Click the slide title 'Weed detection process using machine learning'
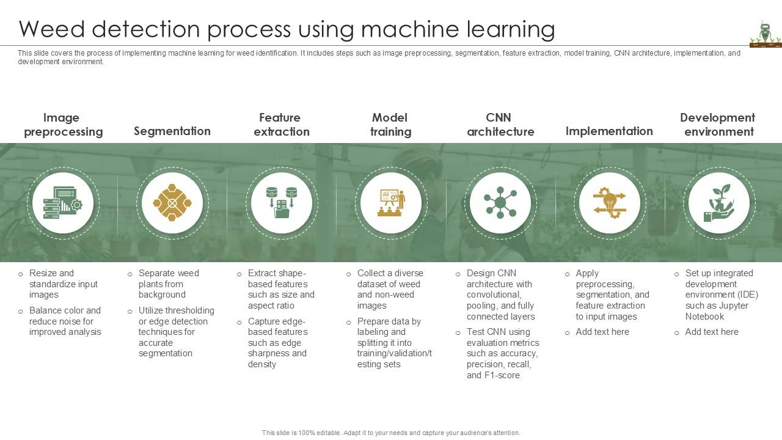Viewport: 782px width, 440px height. tap(287, 29)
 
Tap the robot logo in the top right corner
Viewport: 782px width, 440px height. tap(765, 34)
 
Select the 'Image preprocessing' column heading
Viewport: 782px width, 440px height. tap(63, 125)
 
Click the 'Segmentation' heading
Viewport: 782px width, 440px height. tap(172, 131)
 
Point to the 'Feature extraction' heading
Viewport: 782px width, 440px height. tap(281, 125)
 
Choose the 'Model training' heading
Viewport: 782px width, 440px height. tap(390, 125)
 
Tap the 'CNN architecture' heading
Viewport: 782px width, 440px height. tap(500, 125)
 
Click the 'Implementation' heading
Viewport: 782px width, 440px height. tap(609, 131)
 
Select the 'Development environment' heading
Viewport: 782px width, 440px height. tap(718, 125)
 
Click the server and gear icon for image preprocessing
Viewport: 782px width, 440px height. tap(63, 202)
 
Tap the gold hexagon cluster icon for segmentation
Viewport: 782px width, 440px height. tap(172, 202)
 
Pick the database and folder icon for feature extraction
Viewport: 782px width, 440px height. tap(282, 202)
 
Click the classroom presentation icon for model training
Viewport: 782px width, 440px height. tap(391, 202)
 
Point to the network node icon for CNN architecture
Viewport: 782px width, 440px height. tap(500, 202)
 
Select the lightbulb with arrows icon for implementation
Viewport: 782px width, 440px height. tap(610, 202)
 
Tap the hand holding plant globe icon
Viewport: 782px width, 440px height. tap(718, 202)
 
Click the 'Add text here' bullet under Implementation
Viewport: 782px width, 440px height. tap(602, 332)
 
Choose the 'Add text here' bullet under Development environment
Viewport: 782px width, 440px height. tap(711, 332)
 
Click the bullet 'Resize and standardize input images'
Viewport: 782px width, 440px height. tap(63, 284)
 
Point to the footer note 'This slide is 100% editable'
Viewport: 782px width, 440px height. tap(391, 433)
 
